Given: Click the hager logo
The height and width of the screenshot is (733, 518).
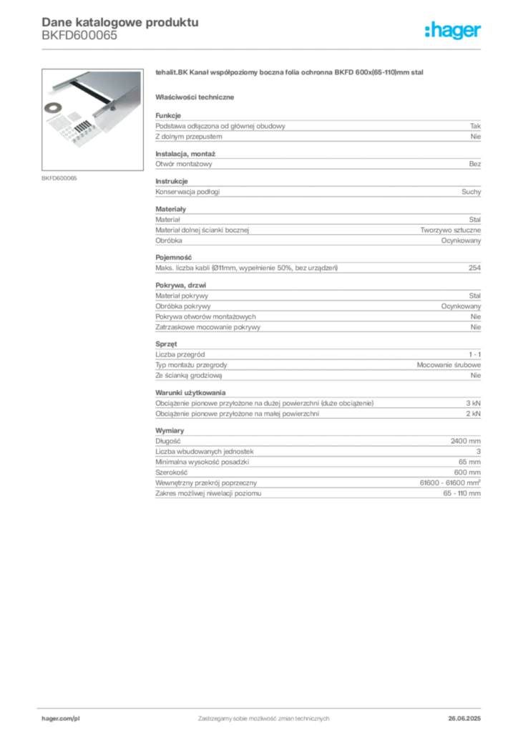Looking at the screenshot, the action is (x=453, y=31).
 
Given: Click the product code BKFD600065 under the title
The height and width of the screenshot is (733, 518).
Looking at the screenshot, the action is (x=79, y=36).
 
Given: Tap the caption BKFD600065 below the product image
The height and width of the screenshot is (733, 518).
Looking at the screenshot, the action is (x=59, y=178).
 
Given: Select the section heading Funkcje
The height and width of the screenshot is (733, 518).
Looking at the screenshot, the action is (x=168, y=115).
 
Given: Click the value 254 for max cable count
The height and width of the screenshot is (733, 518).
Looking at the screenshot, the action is (x=474, y=268).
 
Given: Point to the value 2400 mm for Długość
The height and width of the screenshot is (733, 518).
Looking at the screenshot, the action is (x=466, y=441).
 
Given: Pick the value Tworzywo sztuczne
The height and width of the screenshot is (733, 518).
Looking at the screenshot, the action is (x=450, y=230).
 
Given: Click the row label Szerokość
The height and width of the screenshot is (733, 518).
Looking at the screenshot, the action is (x=172, y=472).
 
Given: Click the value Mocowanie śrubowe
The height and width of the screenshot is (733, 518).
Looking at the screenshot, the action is (x=449, y=364).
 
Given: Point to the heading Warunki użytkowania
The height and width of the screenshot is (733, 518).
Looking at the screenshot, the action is (x=190, y=393).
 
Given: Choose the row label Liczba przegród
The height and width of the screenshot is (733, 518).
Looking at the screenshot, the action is (x=180, y=354).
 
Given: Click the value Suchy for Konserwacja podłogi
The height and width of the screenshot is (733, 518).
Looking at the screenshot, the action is (x=471, y=192).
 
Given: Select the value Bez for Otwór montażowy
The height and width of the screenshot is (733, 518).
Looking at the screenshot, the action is (x=475, y=164).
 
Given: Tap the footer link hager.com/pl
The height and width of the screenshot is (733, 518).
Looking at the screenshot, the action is (x=61, y=719).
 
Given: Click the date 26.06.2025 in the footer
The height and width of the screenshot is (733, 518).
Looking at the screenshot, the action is (x=464, y=719).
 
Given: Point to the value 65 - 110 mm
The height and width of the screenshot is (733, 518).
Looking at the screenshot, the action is (x=462, y=493).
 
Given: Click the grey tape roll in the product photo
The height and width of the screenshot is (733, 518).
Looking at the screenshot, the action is (x=53, y=108).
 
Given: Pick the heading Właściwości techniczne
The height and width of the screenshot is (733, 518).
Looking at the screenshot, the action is (x=195, y=97).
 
